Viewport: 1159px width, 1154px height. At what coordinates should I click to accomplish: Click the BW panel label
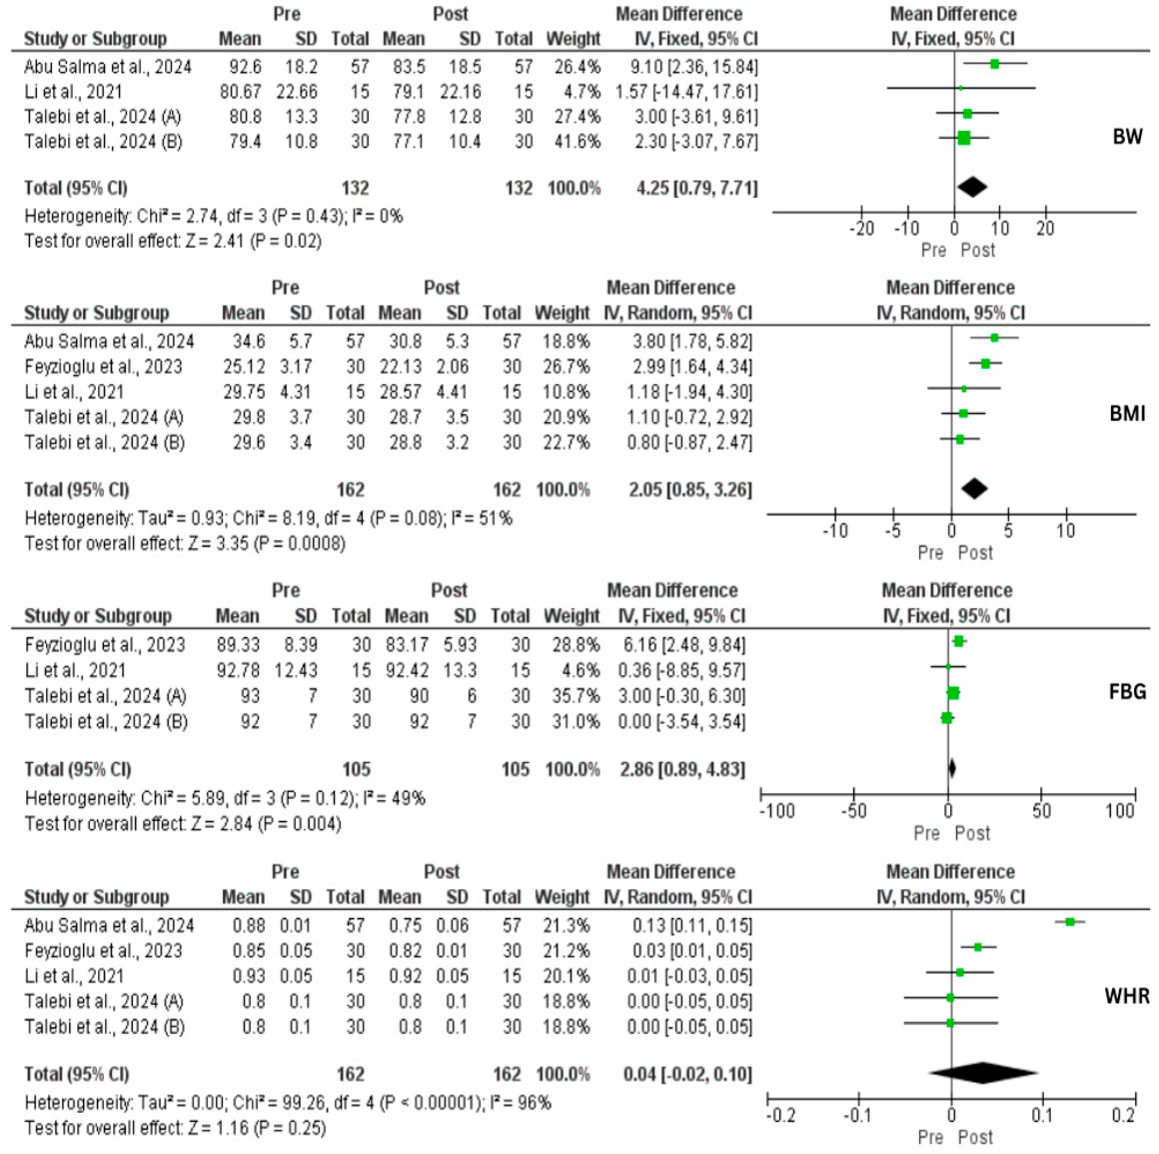point(1127,137)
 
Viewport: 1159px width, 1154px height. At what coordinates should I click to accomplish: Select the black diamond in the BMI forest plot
point(974,489)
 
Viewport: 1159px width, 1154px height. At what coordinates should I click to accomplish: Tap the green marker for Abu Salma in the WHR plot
point(1069,922)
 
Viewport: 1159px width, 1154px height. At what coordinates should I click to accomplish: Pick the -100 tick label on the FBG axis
point(778,811)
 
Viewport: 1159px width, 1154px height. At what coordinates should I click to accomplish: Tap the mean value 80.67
point(240,92)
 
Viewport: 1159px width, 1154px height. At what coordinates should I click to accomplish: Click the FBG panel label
point(1127,692)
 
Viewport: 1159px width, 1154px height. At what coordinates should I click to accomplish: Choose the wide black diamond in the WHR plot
point(983,1073)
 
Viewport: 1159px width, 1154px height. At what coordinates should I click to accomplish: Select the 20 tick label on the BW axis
point(1045,229)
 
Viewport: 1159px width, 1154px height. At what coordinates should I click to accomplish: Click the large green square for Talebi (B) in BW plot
point(964,138)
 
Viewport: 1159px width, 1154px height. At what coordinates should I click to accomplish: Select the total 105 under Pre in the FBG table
point(356,770)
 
